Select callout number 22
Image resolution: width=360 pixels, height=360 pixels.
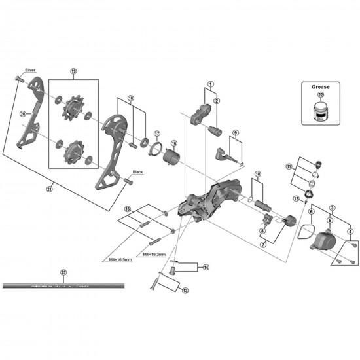click(319, 95)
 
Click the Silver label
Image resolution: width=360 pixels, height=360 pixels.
click(30, 69)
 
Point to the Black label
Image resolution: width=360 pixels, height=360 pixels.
click(137, 172)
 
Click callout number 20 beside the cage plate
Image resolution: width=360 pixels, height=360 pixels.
click(22, 114)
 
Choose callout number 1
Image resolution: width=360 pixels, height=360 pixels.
click(211, 84)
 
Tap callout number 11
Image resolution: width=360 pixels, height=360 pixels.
click(289, 168)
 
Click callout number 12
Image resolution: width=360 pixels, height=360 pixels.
click(296, 198)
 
